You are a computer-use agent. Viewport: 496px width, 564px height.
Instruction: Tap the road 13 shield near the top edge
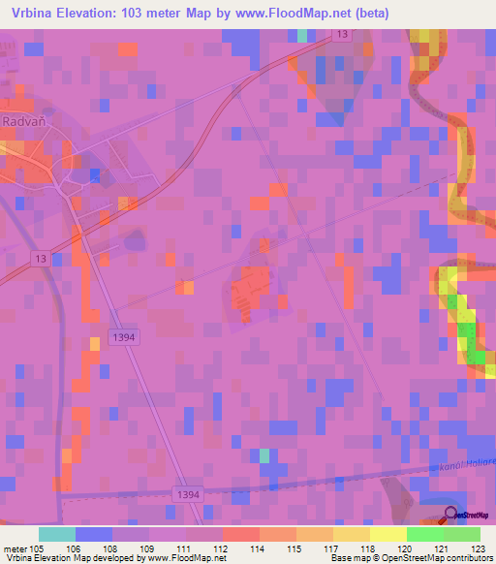[x=342, y=35]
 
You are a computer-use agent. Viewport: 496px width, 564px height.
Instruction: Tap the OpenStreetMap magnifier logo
[x=451, y=516]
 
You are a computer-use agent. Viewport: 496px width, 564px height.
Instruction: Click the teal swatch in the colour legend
[x=56, y=534]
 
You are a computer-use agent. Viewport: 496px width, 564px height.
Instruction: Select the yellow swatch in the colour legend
[x=387, y=534]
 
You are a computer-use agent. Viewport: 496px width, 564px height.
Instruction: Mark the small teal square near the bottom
[x=263, y=454]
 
